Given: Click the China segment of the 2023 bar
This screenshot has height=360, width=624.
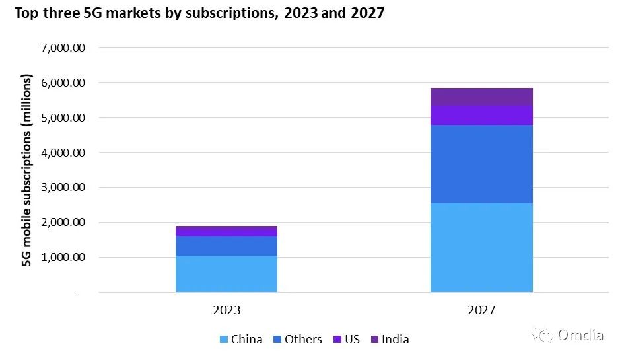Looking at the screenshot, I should [226, 273].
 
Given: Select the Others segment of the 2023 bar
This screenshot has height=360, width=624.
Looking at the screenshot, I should [226, 246].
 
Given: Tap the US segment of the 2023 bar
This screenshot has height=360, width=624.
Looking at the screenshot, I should [226, 231].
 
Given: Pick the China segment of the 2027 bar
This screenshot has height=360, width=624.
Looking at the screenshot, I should [481, 248].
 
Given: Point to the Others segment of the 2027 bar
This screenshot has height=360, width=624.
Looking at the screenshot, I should [481, 164].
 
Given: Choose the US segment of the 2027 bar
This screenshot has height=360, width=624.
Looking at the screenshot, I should [481, 115].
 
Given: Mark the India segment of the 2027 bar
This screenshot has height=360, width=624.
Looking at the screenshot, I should [481, 96].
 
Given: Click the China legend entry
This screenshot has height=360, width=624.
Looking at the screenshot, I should [241, 340].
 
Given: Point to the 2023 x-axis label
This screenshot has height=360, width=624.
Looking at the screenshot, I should [226, 310].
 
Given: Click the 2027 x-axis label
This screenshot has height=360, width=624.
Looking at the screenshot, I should [481, 310].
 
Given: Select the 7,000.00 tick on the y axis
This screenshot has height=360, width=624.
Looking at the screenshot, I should [64, 48].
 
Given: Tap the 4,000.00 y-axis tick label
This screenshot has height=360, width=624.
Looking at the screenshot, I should [64, 153].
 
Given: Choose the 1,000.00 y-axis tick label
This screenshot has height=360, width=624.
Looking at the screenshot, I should [64, 258].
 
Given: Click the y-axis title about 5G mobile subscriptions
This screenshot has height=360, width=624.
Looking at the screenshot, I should [27, 170].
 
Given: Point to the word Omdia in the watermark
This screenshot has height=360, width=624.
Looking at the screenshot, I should [580, 335].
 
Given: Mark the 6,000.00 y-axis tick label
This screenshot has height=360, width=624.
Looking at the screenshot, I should [64, 83].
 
